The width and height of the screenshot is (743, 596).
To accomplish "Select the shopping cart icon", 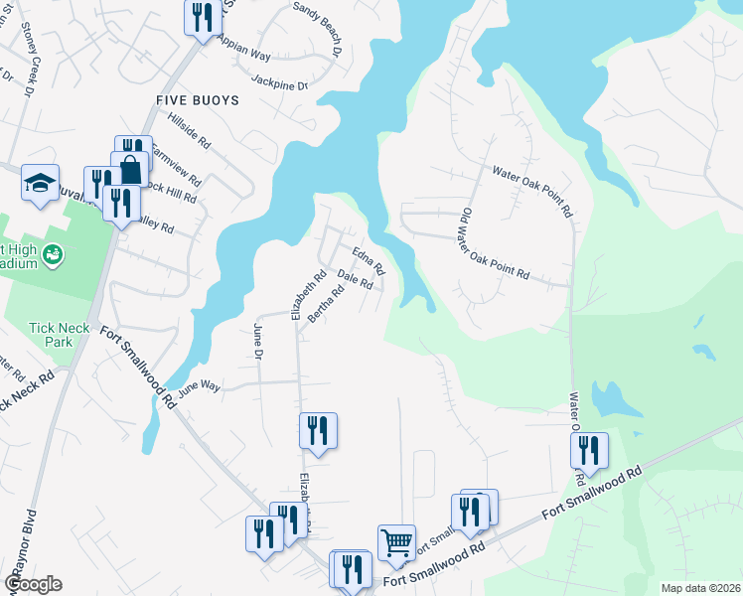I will (396, 542).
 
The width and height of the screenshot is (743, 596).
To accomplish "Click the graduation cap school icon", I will (40, 183).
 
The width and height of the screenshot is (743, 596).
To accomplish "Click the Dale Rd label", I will (355, 279).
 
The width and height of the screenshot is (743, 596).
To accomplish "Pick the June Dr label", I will (258, 341).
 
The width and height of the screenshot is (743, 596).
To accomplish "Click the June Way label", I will (199, 385).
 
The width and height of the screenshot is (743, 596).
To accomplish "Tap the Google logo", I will (33, 584).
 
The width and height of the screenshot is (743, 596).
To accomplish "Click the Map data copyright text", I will (700, 588).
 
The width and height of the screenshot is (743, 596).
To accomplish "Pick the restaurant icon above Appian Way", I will (202, 17).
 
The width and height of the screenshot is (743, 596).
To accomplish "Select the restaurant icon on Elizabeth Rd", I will (318, 430).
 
